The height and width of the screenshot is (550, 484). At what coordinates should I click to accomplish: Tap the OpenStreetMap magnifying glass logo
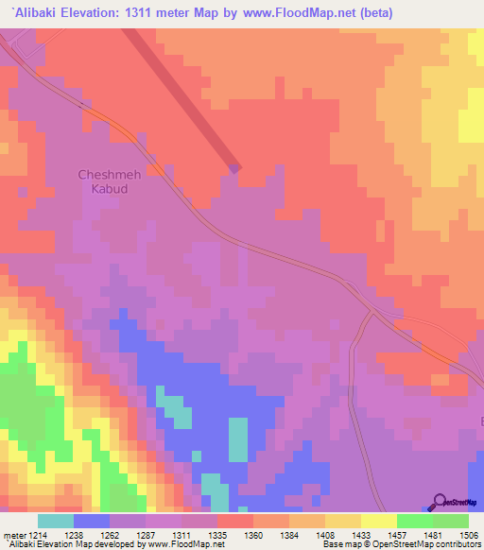point(441,501)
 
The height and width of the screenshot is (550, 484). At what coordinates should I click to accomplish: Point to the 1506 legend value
point(469,534)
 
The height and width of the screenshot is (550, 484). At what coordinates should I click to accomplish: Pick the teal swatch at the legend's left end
point(55,521)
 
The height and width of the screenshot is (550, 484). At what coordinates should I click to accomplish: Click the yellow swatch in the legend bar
point(378,521)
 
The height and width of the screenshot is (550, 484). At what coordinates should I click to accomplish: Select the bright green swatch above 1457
point(414,521)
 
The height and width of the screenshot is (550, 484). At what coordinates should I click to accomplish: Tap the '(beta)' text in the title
point(368,12)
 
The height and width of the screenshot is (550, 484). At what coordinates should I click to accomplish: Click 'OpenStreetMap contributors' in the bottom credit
point(430,544)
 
